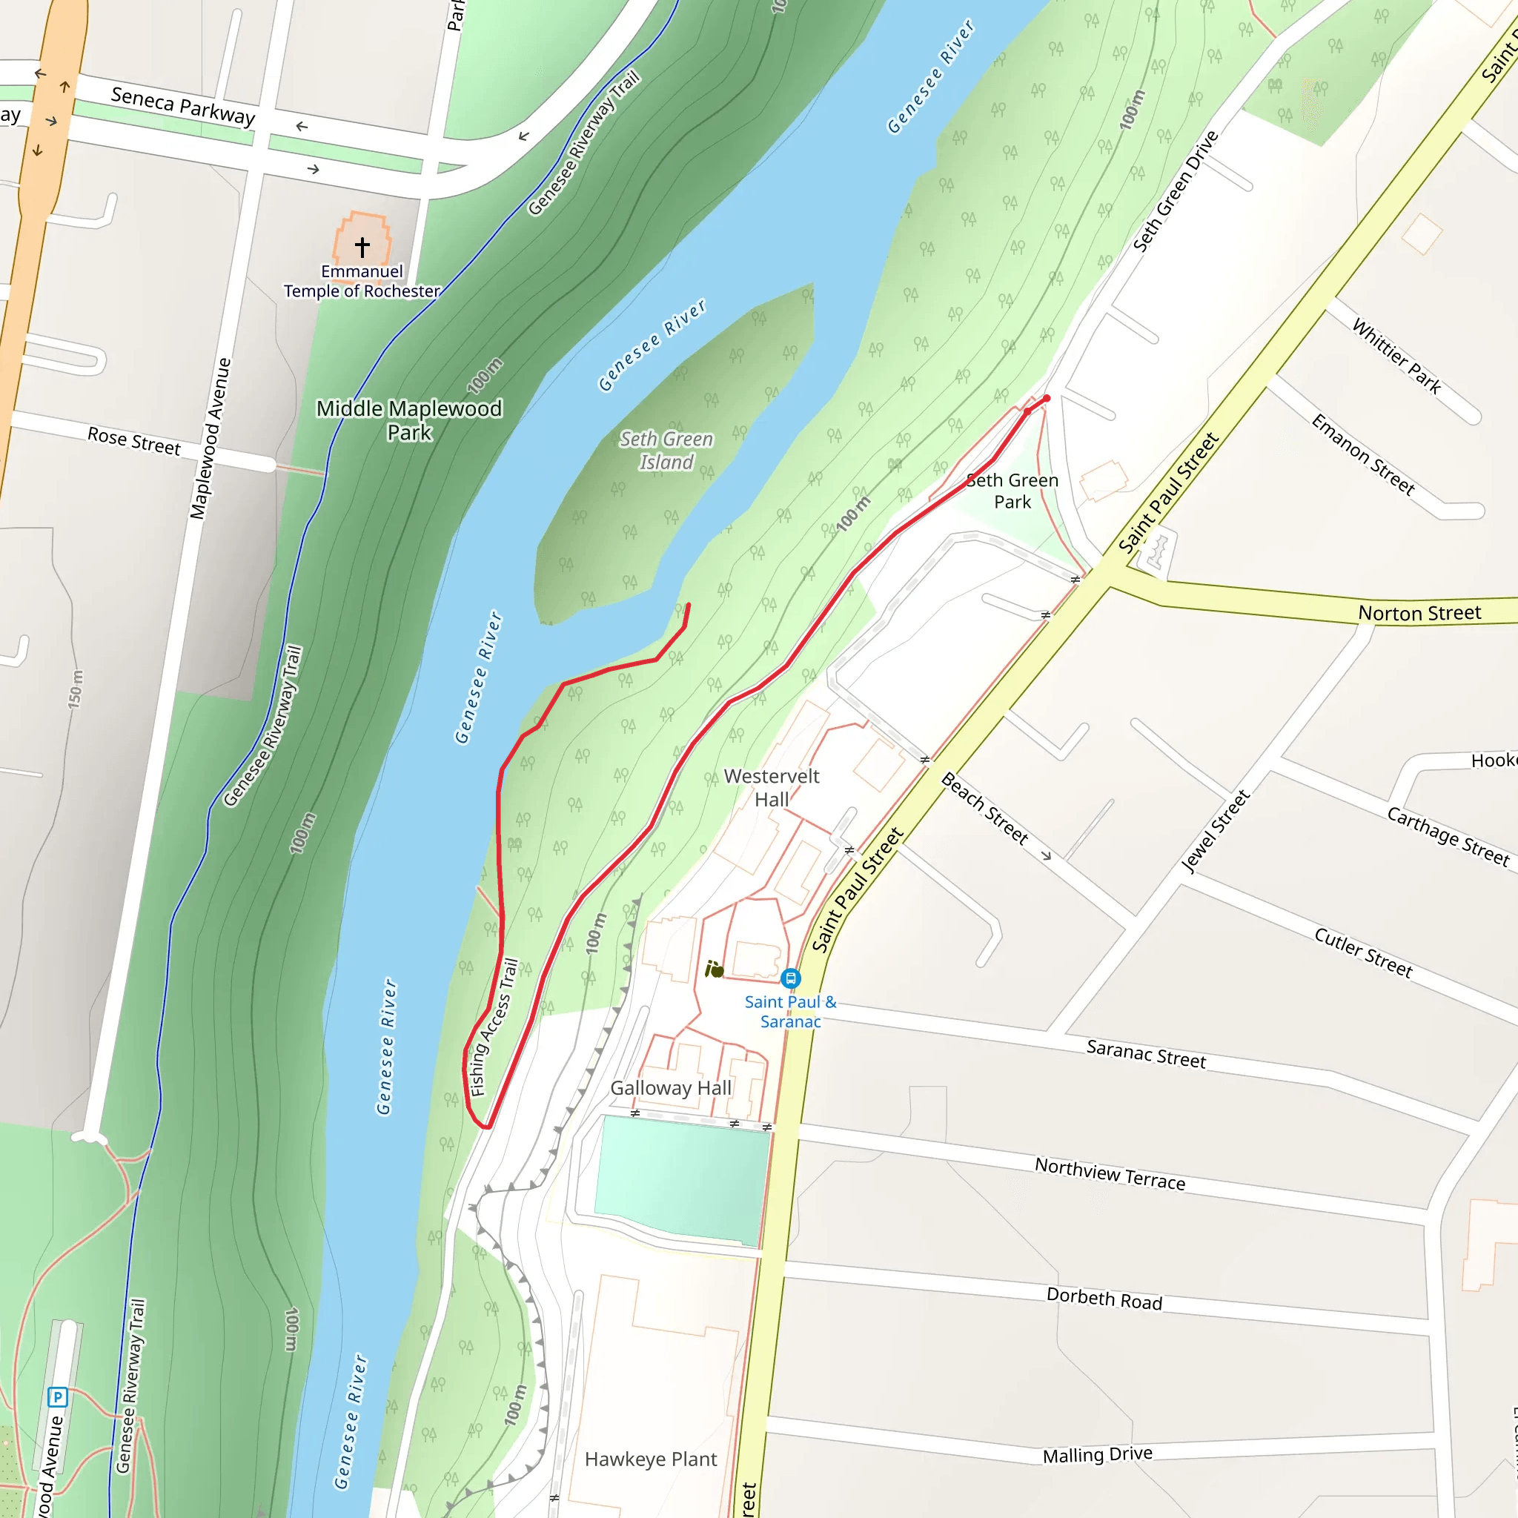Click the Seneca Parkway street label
[183, 106]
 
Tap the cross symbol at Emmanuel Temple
[362, 247]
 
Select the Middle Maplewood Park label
[408, 420]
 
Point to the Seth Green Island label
[666, 450]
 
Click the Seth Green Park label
[1012, 491]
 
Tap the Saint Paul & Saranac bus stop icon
[790, 978]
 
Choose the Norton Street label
[1419, 613]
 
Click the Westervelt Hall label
[771, 787]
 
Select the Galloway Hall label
[670, 1088]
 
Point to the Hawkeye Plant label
[651, 1459]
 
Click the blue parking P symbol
[57, 1397]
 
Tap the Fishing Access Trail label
[494, 1026]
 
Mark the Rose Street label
[133, 441]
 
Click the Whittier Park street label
[1396, 356]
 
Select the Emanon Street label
[1362, 455]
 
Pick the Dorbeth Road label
[1104, 1299]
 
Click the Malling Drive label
[1097, 1455]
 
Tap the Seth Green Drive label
[1175, 191]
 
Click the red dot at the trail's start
[1047, 398]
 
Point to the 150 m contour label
[75, 689]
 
